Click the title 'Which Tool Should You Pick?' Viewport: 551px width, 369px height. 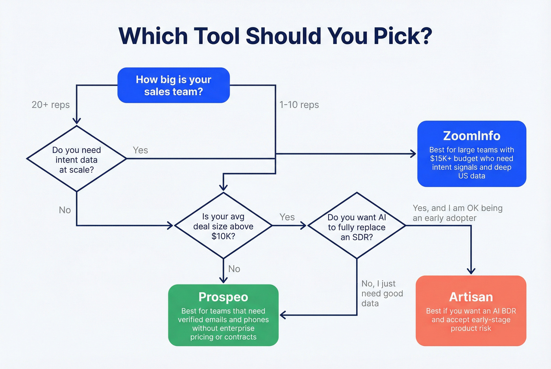[275, 36]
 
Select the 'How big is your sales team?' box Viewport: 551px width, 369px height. [174, 85]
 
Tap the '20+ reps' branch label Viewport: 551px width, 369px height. [50, 105]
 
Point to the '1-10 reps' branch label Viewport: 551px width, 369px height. [299, 105]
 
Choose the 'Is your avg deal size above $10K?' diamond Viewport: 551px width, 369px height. [223, 226]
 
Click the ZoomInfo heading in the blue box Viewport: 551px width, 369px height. [471, 136]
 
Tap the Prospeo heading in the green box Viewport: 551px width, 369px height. [223, 297]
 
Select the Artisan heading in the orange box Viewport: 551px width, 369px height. [471, 297]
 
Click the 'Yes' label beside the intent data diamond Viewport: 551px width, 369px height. [140, 150]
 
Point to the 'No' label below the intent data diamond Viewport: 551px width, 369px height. [65, 210]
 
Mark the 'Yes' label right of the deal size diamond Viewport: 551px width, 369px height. [287, 217]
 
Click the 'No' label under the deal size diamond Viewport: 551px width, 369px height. [234, 269]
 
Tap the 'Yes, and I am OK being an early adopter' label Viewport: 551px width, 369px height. [457, 213]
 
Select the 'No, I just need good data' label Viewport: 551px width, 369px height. [382, 294]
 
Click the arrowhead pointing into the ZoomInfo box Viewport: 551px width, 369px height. [413, 154]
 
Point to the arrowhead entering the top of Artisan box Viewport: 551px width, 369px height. [471, 271]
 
